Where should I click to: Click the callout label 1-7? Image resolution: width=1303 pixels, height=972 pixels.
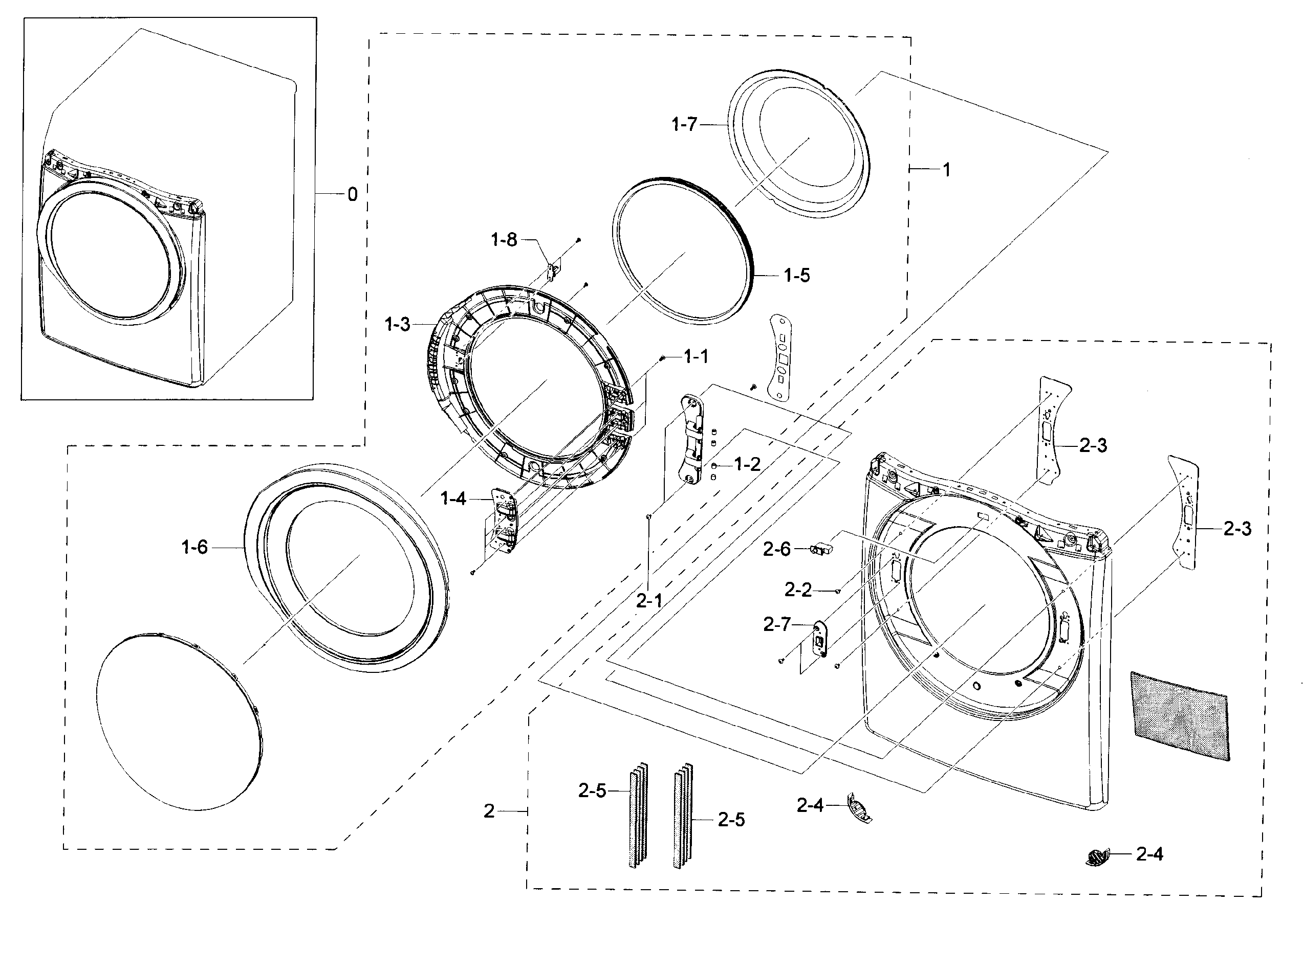(684, 124)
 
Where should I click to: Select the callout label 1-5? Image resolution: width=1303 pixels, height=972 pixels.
(797, 276)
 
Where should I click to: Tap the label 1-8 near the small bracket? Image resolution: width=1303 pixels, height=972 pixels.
(504, 239)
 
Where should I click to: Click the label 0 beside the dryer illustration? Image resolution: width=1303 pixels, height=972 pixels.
(352, 194)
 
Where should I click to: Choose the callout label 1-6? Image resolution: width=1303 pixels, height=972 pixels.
(194, 547)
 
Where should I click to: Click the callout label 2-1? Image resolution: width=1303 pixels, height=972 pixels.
(648, 600)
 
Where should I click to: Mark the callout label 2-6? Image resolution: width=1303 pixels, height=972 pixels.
(776, 550)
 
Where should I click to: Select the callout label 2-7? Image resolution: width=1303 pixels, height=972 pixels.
(776, 624)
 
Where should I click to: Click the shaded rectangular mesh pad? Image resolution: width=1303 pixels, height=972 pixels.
(1179, 715)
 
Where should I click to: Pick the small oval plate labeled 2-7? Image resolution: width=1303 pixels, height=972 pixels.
(819, 638)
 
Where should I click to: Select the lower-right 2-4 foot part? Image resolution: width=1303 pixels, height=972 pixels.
(1097, 857)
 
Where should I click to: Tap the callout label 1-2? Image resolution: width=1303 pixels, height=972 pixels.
(747, 465)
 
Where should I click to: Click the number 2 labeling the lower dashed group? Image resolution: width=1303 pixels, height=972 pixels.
(489, 811)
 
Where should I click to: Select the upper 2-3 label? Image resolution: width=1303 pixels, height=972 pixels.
(1092, 445)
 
